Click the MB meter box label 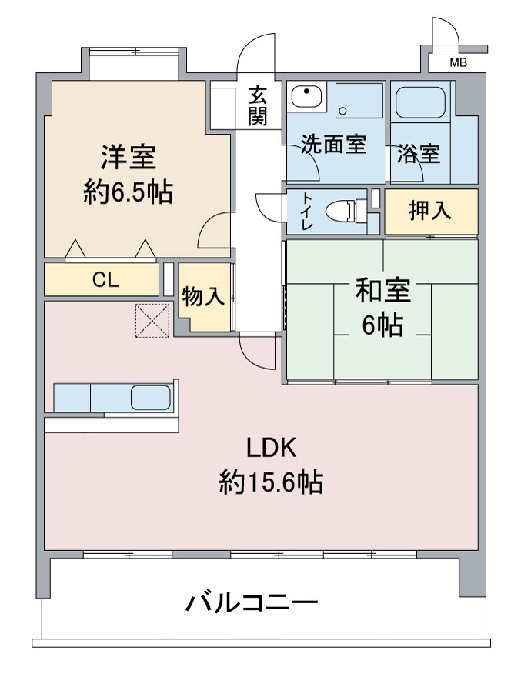(x=458, y=63)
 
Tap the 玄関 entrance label (x=258, y=106)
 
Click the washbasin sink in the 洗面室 (x=306, y=97)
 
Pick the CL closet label (x=105, y=280)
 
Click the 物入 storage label (x=203, y=297)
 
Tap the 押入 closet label (x=430, y=211)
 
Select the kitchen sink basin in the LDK (x=150, y=397)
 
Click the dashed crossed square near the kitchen (x=152, y=320)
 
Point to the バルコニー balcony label (x=252, y=602)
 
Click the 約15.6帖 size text (x=271, y=482)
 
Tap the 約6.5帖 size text (x=129, y=192)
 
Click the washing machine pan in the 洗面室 (x=359, y=100)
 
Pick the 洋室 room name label (x=129, y=157)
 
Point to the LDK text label (x=272, y=447)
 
